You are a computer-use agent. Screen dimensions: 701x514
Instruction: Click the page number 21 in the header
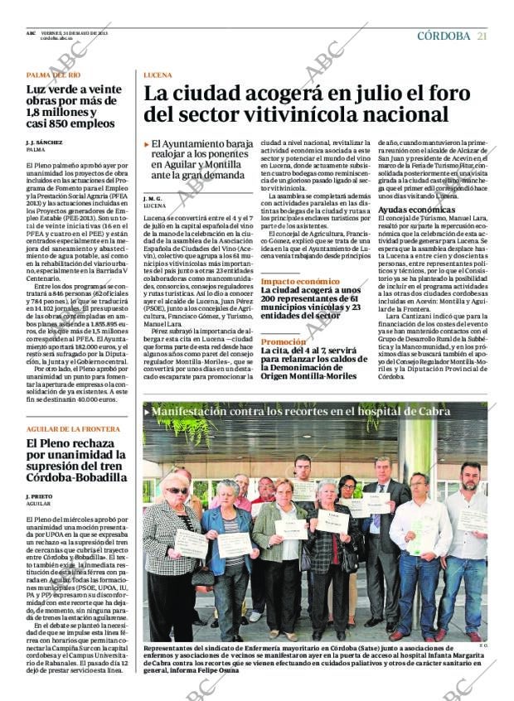point(482,36)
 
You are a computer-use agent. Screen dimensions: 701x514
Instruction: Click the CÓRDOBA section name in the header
point(444,36)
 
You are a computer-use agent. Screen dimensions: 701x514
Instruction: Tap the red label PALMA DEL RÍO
point(54,75)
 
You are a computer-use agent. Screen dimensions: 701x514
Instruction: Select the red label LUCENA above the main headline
point(158,75)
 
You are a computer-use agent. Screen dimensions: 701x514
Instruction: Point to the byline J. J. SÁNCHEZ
point(44,143)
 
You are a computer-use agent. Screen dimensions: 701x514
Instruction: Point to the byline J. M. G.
point(152,199)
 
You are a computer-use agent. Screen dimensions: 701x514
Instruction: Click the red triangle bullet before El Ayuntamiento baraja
point(147,144)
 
